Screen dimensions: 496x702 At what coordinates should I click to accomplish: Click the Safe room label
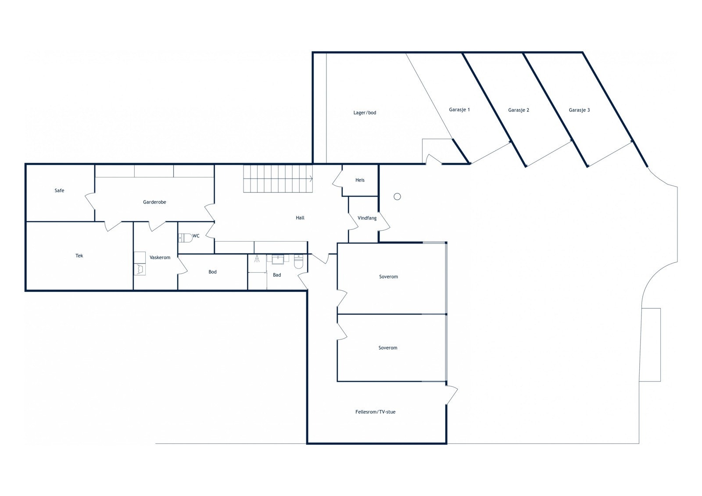[x=59, y=191]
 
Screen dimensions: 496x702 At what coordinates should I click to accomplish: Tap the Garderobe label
[x=154, y=202]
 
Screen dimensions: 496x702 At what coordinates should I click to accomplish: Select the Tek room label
[x=79, y=256]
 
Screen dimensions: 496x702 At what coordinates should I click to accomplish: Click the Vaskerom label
[x=160, y=257]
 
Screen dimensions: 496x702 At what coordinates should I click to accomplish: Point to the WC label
[x=196, y=236]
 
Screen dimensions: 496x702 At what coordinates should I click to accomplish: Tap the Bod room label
[x=212, y=272]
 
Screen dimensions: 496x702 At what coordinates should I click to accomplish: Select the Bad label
[x=277, y=275]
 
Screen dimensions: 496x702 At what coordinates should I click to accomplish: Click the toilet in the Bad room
[x=298, y=262]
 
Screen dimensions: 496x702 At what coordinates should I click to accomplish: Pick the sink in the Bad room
[x=278, y=259]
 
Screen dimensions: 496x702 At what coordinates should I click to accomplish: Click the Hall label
[x=300, y=218]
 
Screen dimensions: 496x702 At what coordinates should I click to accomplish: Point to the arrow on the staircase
[x=311, y=178]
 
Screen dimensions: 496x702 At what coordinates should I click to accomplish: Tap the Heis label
[x=360, y=180]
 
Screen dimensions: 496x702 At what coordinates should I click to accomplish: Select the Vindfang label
[x=367, y=218]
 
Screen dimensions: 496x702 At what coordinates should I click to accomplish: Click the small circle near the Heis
[x=397, y=196]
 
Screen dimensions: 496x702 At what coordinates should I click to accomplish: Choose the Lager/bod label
[x=365, y=113]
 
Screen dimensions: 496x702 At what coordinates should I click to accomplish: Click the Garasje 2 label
[x=519, y=110]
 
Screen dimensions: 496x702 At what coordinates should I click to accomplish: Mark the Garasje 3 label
[x=579, y=110]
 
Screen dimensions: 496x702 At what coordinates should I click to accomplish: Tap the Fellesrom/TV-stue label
[x=375, y=412]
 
